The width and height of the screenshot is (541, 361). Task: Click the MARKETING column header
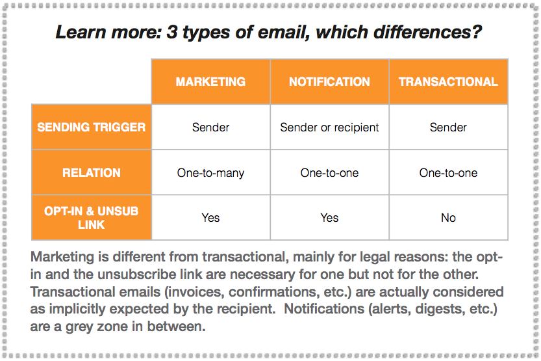pos(210,81)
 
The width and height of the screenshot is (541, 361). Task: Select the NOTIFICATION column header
pos(329,81)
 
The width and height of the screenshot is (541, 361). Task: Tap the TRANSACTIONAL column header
pos(448,81)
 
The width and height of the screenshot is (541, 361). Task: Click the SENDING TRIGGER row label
pos(92,127)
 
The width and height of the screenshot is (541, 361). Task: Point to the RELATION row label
pos(92,172)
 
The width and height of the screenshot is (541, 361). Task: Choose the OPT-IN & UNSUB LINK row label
pos(92,218)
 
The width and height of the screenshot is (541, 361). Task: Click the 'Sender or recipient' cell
pos(329,127)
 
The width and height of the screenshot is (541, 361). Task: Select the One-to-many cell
pos(210,172)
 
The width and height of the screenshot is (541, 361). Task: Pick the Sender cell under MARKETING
pos(210,127)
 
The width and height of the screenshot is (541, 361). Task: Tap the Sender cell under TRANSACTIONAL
pos(448,127)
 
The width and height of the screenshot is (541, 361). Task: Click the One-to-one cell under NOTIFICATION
pos(329,172)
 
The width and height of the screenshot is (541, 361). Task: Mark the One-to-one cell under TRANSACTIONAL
pos(448,172)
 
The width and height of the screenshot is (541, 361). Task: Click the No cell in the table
pos(448,218)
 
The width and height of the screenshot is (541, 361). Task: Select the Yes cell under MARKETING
pos(210,218)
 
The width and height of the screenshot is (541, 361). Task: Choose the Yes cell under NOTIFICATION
pos(329,218)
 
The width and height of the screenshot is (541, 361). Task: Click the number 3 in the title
pos(172,32)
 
